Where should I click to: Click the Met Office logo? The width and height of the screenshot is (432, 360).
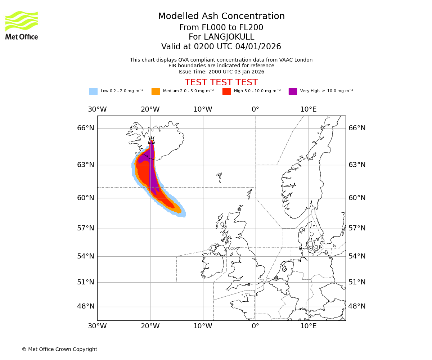pos(22,25)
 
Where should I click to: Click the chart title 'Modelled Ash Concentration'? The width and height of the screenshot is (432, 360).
pos(221,16)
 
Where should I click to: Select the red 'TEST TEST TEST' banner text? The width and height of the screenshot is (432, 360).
pos(221,82)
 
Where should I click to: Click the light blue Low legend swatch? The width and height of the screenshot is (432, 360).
pos(93,91)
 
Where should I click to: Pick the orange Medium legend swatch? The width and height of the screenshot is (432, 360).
pos(156,91)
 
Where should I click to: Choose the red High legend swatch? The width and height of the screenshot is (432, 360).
pos(226,91)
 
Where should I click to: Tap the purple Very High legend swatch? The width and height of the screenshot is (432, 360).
pos(293,91)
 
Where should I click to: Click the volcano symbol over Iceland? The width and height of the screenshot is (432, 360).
pos(152,140)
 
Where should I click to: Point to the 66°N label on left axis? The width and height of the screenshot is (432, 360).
pos(86,128)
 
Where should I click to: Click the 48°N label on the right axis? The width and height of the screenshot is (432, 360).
pos(357,306)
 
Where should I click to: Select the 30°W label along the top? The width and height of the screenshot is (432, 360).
pos(97,109)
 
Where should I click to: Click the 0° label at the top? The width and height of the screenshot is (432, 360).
pos(255,109)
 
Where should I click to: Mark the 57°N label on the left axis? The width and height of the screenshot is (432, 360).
pos(86,228)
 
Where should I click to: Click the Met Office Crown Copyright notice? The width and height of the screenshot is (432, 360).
pos(59,349)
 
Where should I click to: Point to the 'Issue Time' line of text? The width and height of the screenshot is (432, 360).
pos(221,72)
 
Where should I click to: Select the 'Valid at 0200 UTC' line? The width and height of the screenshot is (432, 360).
pos(221,47)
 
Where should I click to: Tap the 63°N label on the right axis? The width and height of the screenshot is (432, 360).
pos(357,165)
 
